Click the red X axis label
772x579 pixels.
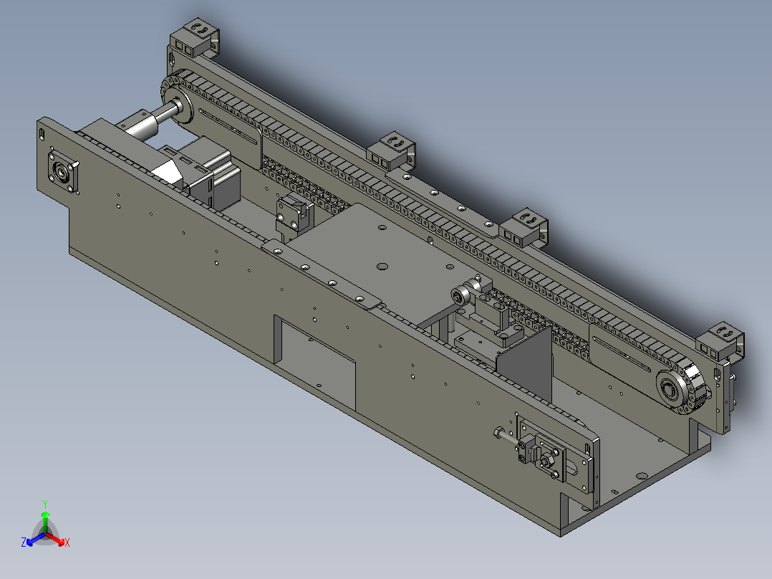pyautogui.click(x=67, y=542)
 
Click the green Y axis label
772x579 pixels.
pyautogui.click(x=44, y=504)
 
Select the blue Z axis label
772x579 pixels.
pyautogui.click(x=24, y=542)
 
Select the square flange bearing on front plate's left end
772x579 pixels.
pyautogui.click(x=63, y=172)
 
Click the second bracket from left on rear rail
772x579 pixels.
pyautogui.click(x=392, y=148)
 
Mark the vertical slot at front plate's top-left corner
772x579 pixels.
pyautogui.click(x=43, y=133)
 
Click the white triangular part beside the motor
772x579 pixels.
pyautogui.click(x=168, y=171)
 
